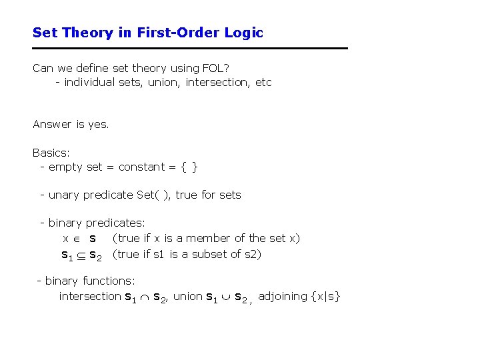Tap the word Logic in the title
(245, 32)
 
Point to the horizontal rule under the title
(190, 48)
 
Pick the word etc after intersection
(263, 83)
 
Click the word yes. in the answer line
(99, 124)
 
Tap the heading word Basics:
(51, 152)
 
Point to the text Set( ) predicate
(152, 195)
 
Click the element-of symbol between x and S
(78, 239)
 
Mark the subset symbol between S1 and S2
(81, 255)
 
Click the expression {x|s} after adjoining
(326, 296)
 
